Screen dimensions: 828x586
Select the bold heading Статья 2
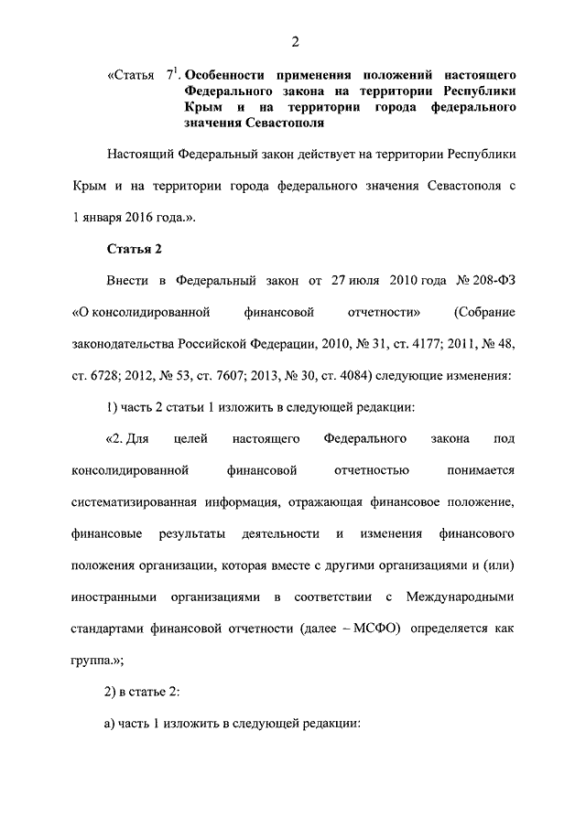tap(136, 247)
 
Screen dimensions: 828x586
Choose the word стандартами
tap(111, 629)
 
